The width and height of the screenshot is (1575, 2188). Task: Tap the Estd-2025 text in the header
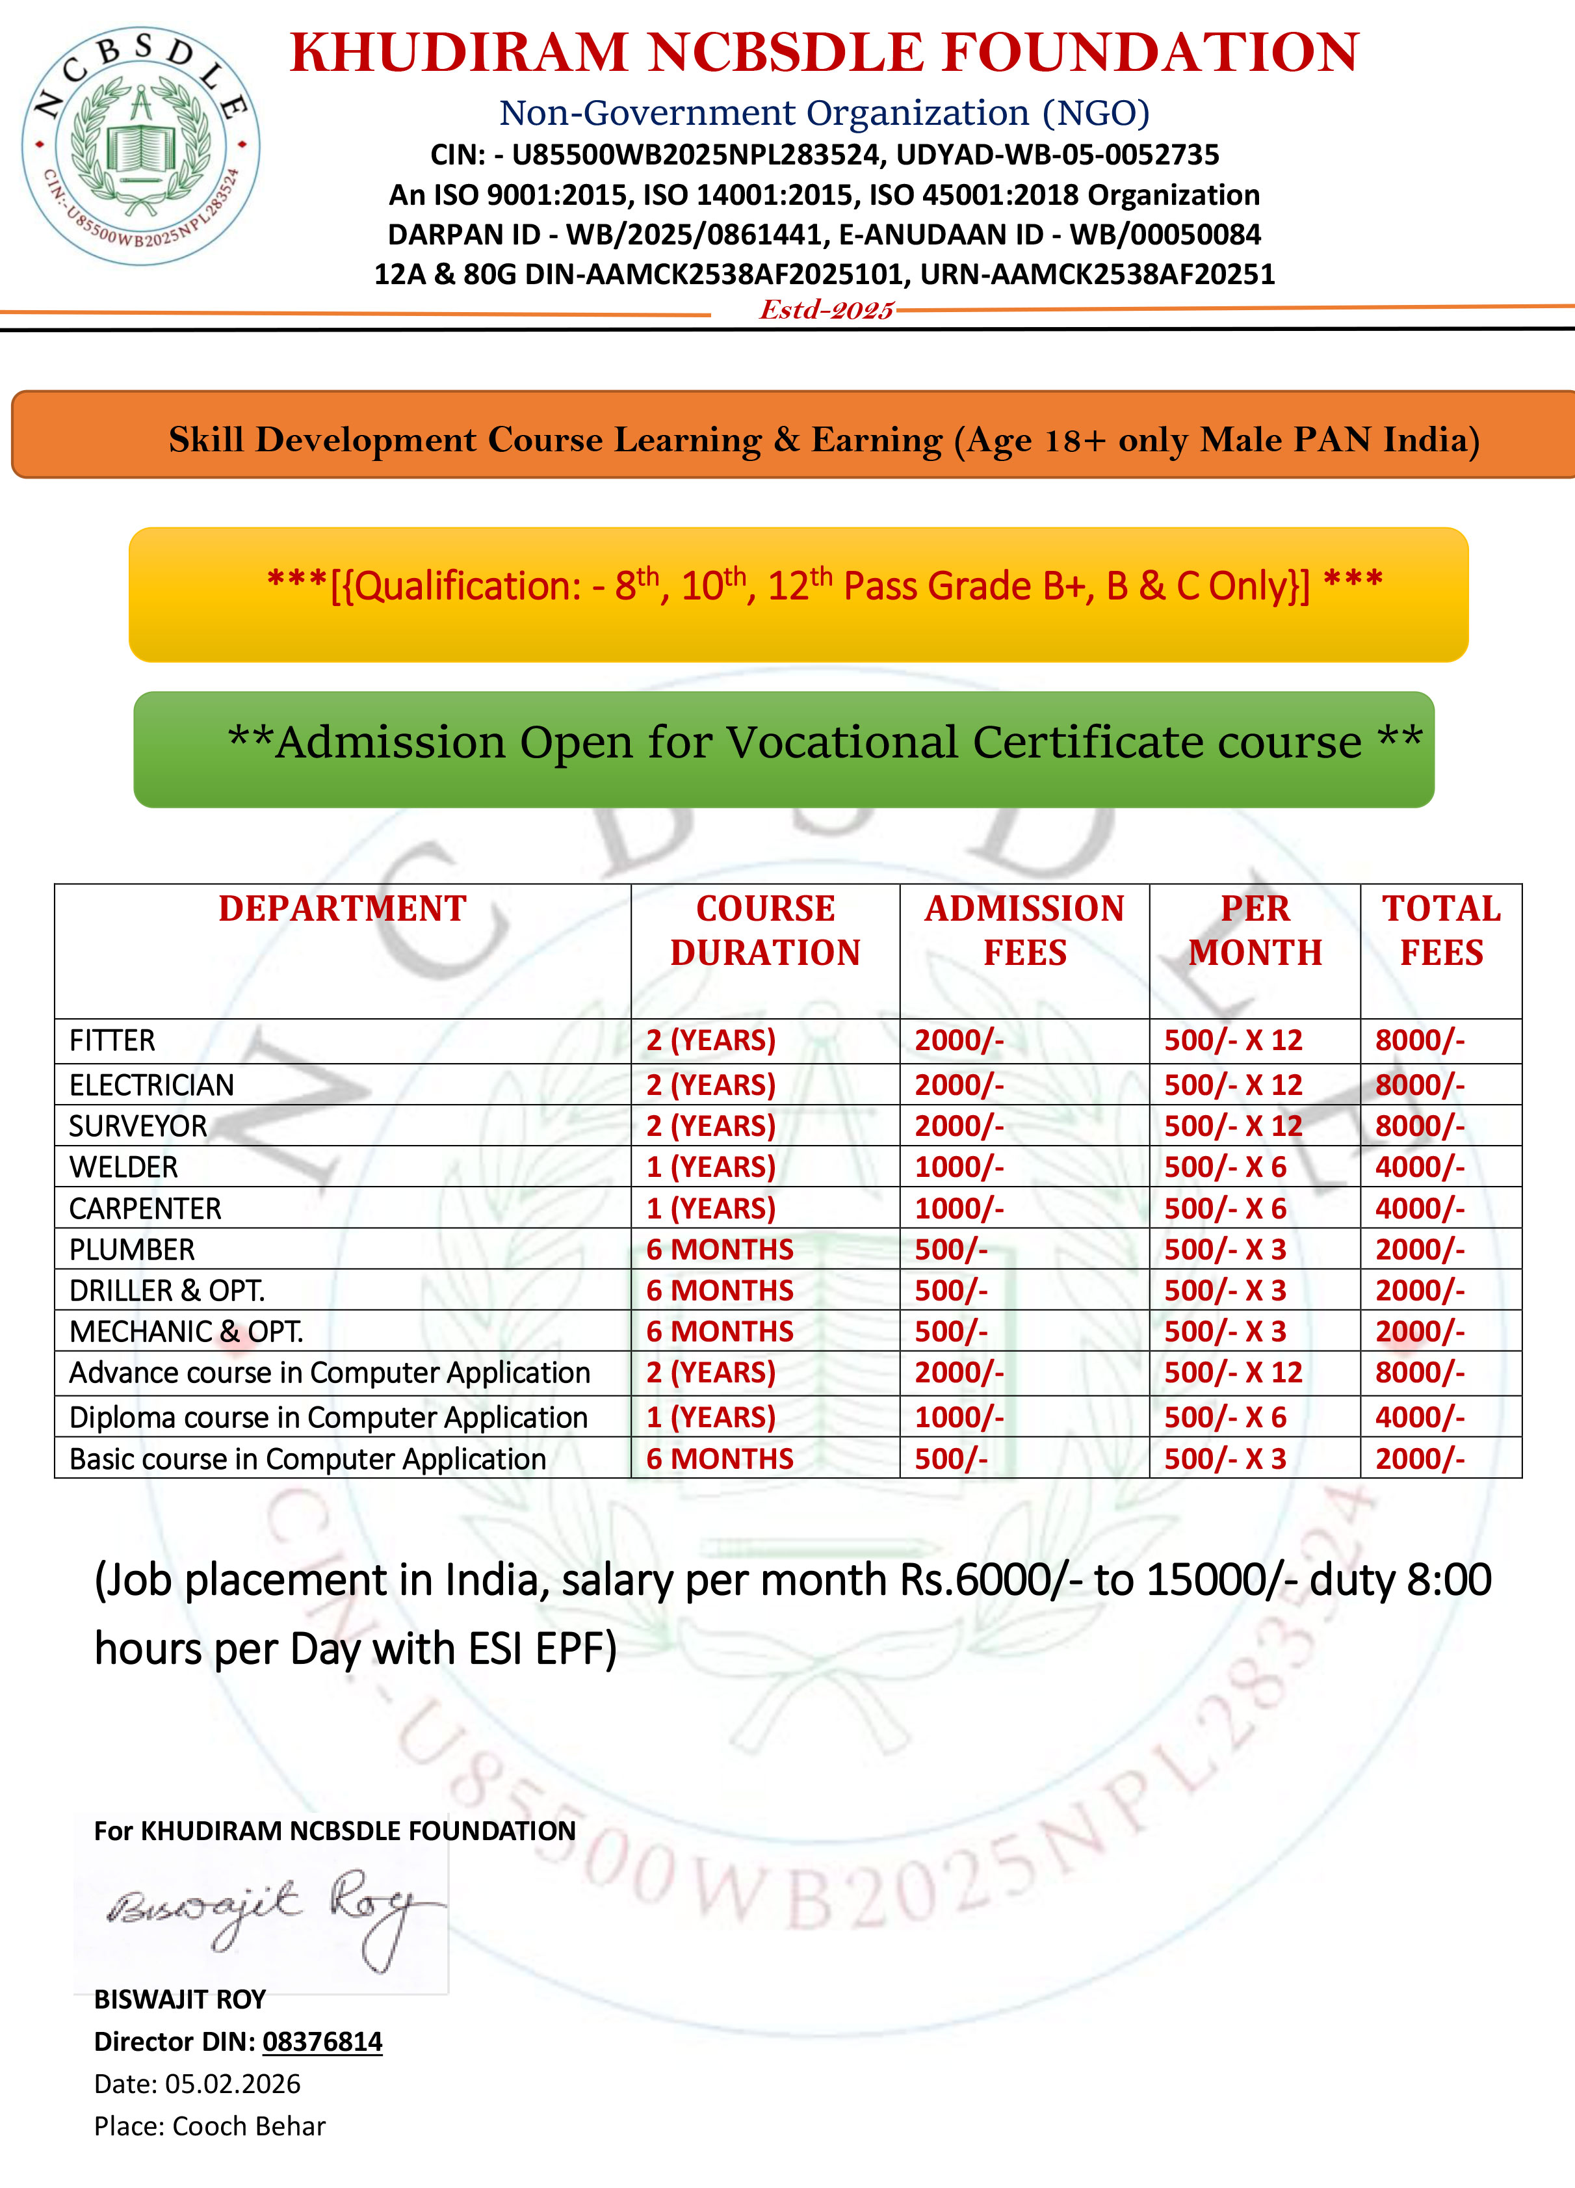coord(827,310)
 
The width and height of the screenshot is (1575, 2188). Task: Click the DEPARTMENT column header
coord(343,909)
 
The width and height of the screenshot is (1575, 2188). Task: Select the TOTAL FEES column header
coord(1441,930)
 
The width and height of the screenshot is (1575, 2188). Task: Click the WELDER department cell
coord(124,1167)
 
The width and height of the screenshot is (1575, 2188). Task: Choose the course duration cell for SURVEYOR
coord(711,1126)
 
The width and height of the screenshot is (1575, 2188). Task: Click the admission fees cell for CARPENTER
coord(959,1209)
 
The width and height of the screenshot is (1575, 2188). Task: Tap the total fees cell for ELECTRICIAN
coord(1420,1085)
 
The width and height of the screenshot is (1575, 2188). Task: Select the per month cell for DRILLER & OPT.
coord(1225,1291)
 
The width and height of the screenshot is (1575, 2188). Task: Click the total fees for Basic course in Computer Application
coord(1420,1458)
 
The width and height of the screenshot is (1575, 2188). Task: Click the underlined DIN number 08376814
coord(322,2041)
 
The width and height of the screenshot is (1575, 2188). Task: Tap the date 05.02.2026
coord(233,2084)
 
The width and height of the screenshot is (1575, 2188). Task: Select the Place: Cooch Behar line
coord(209,2126)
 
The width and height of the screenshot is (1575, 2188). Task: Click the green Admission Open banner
coord(784,750)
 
